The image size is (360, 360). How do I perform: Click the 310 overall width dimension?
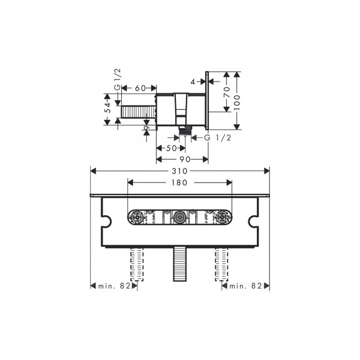coord(180,171)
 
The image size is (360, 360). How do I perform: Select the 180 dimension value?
coord(179,183)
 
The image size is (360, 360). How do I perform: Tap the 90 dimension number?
coord(185,160)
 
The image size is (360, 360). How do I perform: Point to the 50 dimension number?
coord(171,148)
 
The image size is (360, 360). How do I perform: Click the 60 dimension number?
coord(140,88)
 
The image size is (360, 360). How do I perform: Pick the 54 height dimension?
coord(107,107)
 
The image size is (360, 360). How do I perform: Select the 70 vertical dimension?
coord(227,92)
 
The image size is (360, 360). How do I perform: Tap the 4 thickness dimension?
coord(193,82)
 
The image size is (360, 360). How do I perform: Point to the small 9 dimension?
coord(147,127)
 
